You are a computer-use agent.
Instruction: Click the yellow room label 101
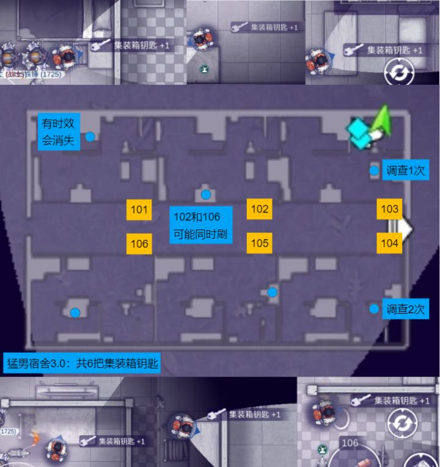pyautogui.click(x=139, y=209)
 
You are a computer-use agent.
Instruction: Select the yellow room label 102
pyautogui.click(x=260, y=209)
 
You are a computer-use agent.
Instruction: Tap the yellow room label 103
pyautogui.click(x=389, y=209)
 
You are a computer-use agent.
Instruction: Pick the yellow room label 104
pyautogui.click(x=389, y=243)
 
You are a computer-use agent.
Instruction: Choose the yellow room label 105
pyautogui.click(x=260, y=243)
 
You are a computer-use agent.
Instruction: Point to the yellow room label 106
pyautogui.click(x=139, y=243)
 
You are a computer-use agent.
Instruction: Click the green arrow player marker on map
pyautogui.click(x=382, y=120)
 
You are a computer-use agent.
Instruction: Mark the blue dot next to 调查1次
pyautogui.click(x=374, y=170)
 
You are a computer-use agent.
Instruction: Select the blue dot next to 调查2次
pyautogui.click(x=374, y=309)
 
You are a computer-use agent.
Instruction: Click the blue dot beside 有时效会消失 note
pyautogui.click(x=90, y=136)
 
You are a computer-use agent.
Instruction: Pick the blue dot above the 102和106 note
pyautogui.click(x=206, y=195)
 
